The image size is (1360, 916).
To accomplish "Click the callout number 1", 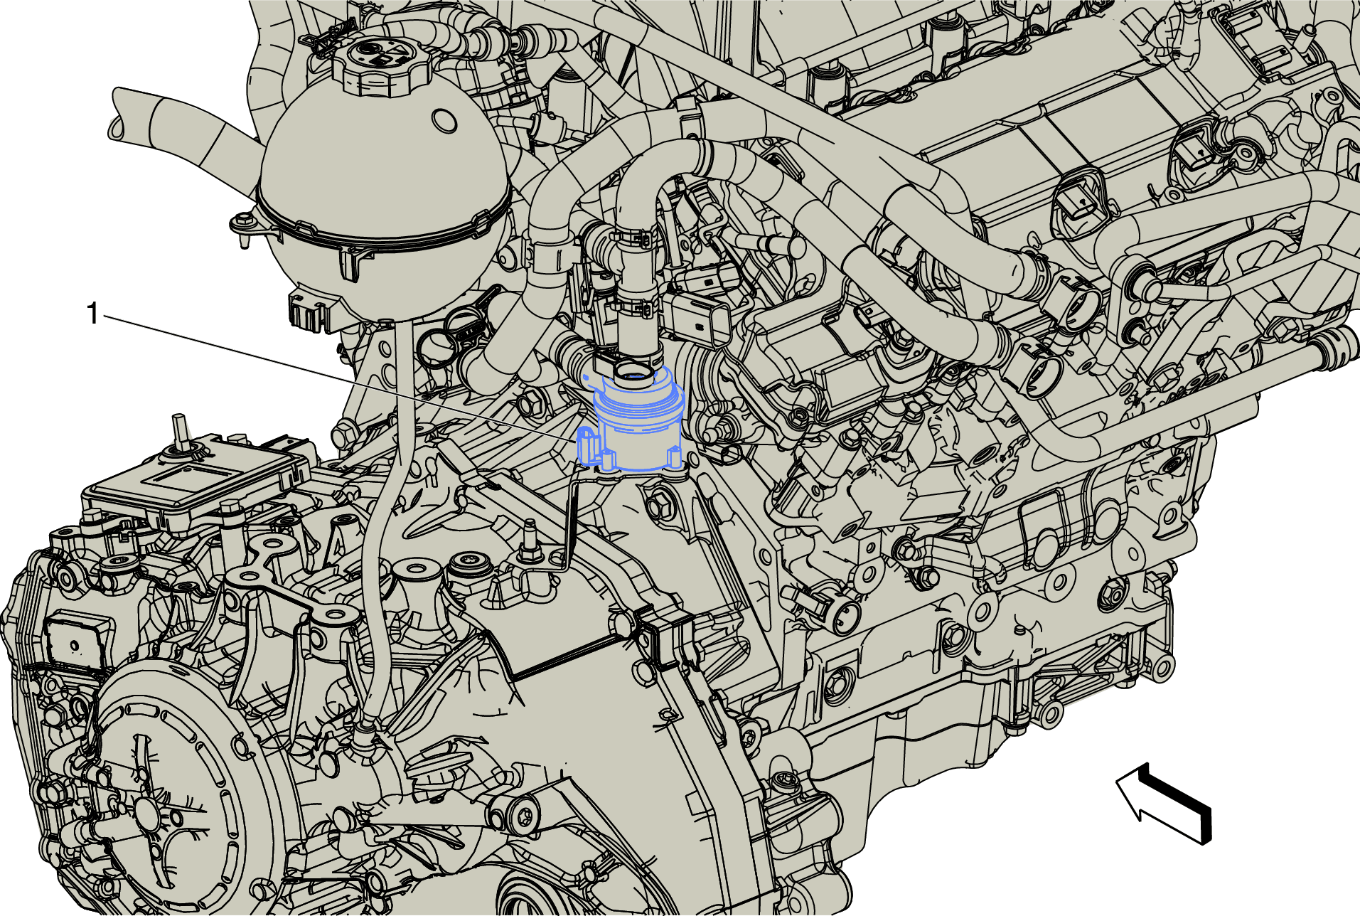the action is click(x=92, y=314).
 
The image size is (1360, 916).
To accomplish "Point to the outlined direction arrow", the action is click(x=1164, y=804).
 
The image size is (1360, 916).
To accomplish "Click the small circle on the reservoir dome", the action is click(x=444, y=119).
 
